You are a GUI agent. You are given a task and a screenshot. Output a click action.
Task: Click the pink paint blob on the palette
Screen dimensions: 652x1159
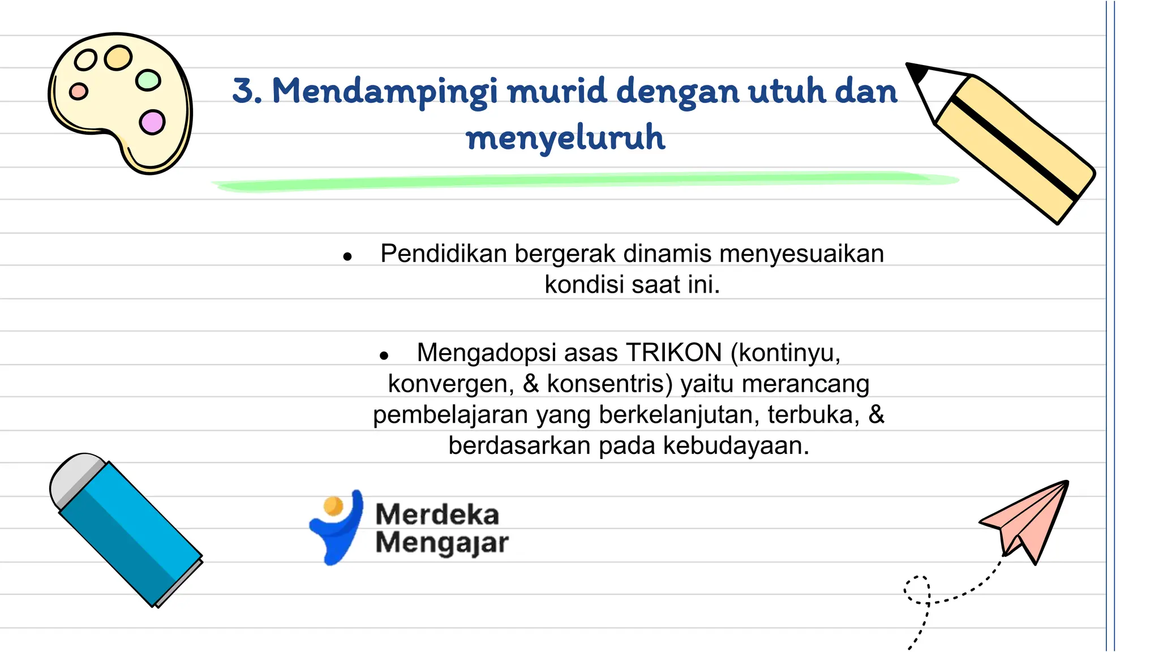pos(152,122)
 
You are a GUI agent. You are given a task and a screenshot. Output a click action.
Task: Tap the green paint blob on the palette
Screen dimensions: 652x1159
pos(148,80)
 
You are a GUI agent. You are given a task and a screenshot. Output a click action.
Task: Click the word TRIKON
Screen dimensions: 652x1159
pos(673,353)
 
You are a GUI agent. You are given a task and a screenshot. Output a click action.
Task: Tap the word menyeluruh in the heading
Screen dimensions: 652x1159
pos(565,138)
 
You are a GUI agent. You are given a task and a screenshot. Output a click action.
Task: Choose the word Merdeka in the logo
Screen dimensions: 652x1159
pos(437,514)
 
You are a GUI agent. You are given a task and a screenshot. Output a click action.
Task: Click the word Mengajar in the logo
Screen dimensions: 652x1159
pos(442,543)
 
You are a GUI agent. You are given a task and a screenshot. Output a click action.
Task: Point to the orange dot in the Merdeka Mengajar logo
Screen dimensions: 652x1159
pos(333,505)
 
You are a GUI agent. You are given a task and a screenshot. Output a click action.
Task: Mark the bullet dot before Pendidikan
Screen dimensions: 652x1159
pos(347,257)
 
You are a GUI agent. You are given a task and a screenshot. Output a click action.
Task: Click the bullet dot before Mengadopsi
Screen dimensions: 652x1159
pos(384,356)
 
